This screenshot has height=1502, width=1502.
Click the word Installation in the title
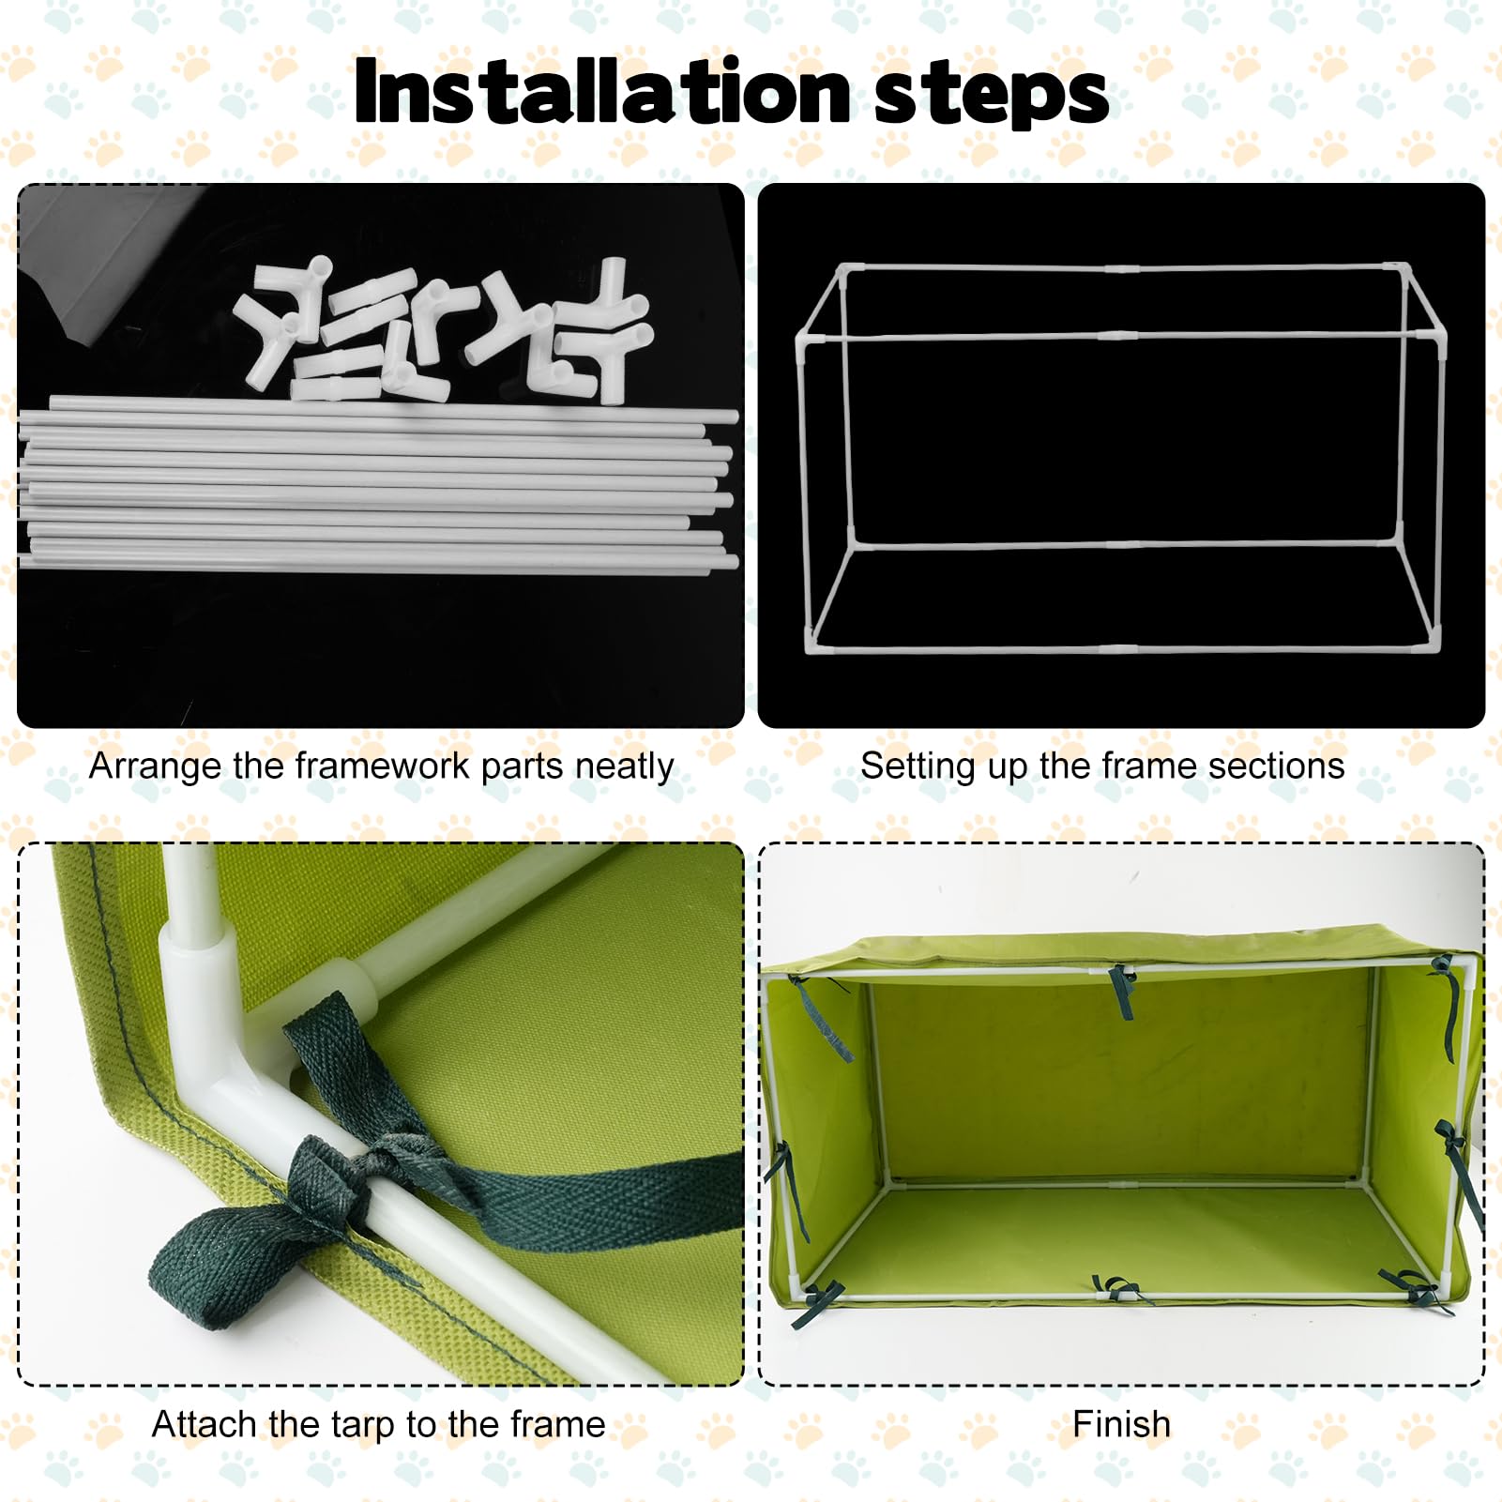click(x=600, y=92)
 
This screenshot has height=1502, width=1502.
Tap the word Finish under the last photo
click(x=1121, y=1424)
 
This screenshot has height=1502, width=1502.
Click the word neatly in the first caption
click(x=624, y=766)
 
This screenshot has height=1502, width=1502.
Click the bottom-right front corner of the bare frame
click(x=1434, y=644)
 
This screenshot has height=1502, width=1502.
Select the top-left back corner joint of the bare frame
click(x=842, y=269)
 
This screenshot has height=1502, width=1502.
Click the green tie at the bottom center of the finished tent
click(x=1116, y=1290)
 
